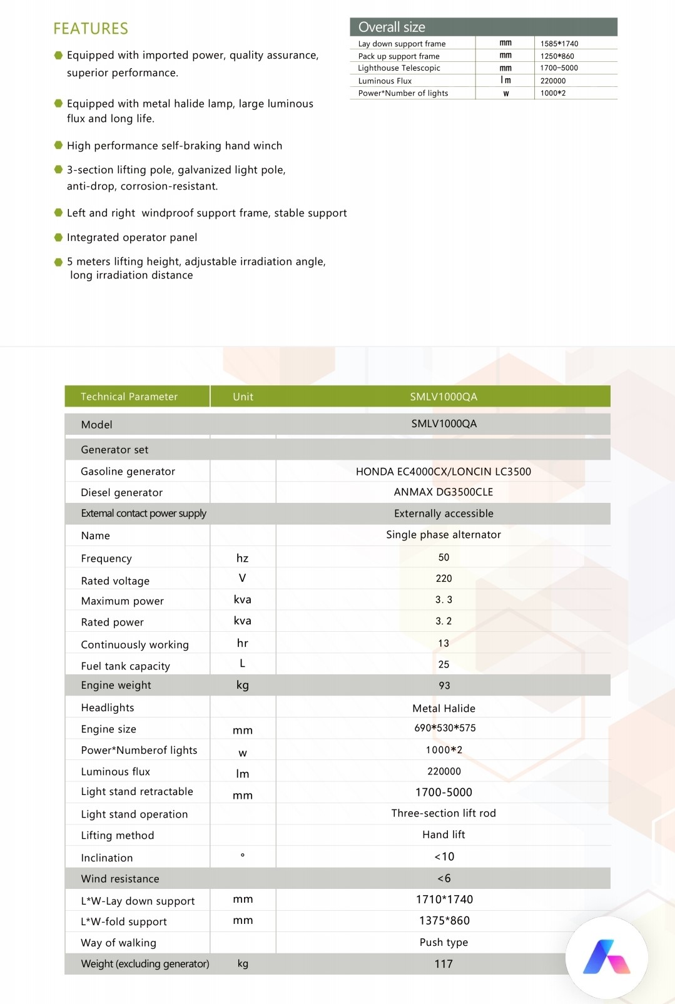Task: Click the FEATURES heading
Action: tap(91, 29)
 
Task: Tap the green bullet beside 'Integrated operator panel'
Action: tap(58, 238)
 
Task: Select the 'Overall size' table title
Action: tap(392, 27)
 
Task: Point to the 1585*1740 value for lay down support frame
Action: tap(559, 44)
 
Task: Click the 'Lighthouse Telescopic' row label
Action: tap(399, 68)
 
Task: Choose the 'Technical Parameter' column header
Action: tap(129, 397)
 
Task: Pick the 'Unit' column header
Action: tap(243, 397)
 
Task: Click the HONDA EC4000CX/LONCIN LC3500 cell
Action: tap(444, 472)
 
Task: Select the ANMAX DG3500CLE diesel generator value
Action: tap(444, 492)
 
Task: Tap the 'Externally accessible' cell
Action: tap(444, 514)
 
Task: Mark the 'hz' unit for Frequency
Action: tap(242, 558)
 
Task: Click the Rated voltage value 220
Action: tap(444, 579)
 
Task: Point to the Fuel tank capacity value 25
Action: tap(444, 664)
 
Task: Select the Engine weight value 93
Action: tap(444, 686)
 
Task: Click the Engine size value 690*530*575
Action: tap(445, 728)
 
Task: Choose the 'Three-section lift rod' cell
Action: tap(444, 813)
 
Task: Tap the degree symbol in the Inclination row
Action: tap(243, 855)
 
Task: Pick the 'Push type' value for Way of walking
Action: tap(444, 943)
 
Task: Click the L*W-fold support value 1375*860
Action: tap(444, 921)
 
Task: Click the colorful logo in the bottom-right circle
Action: tap(606, 957)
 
